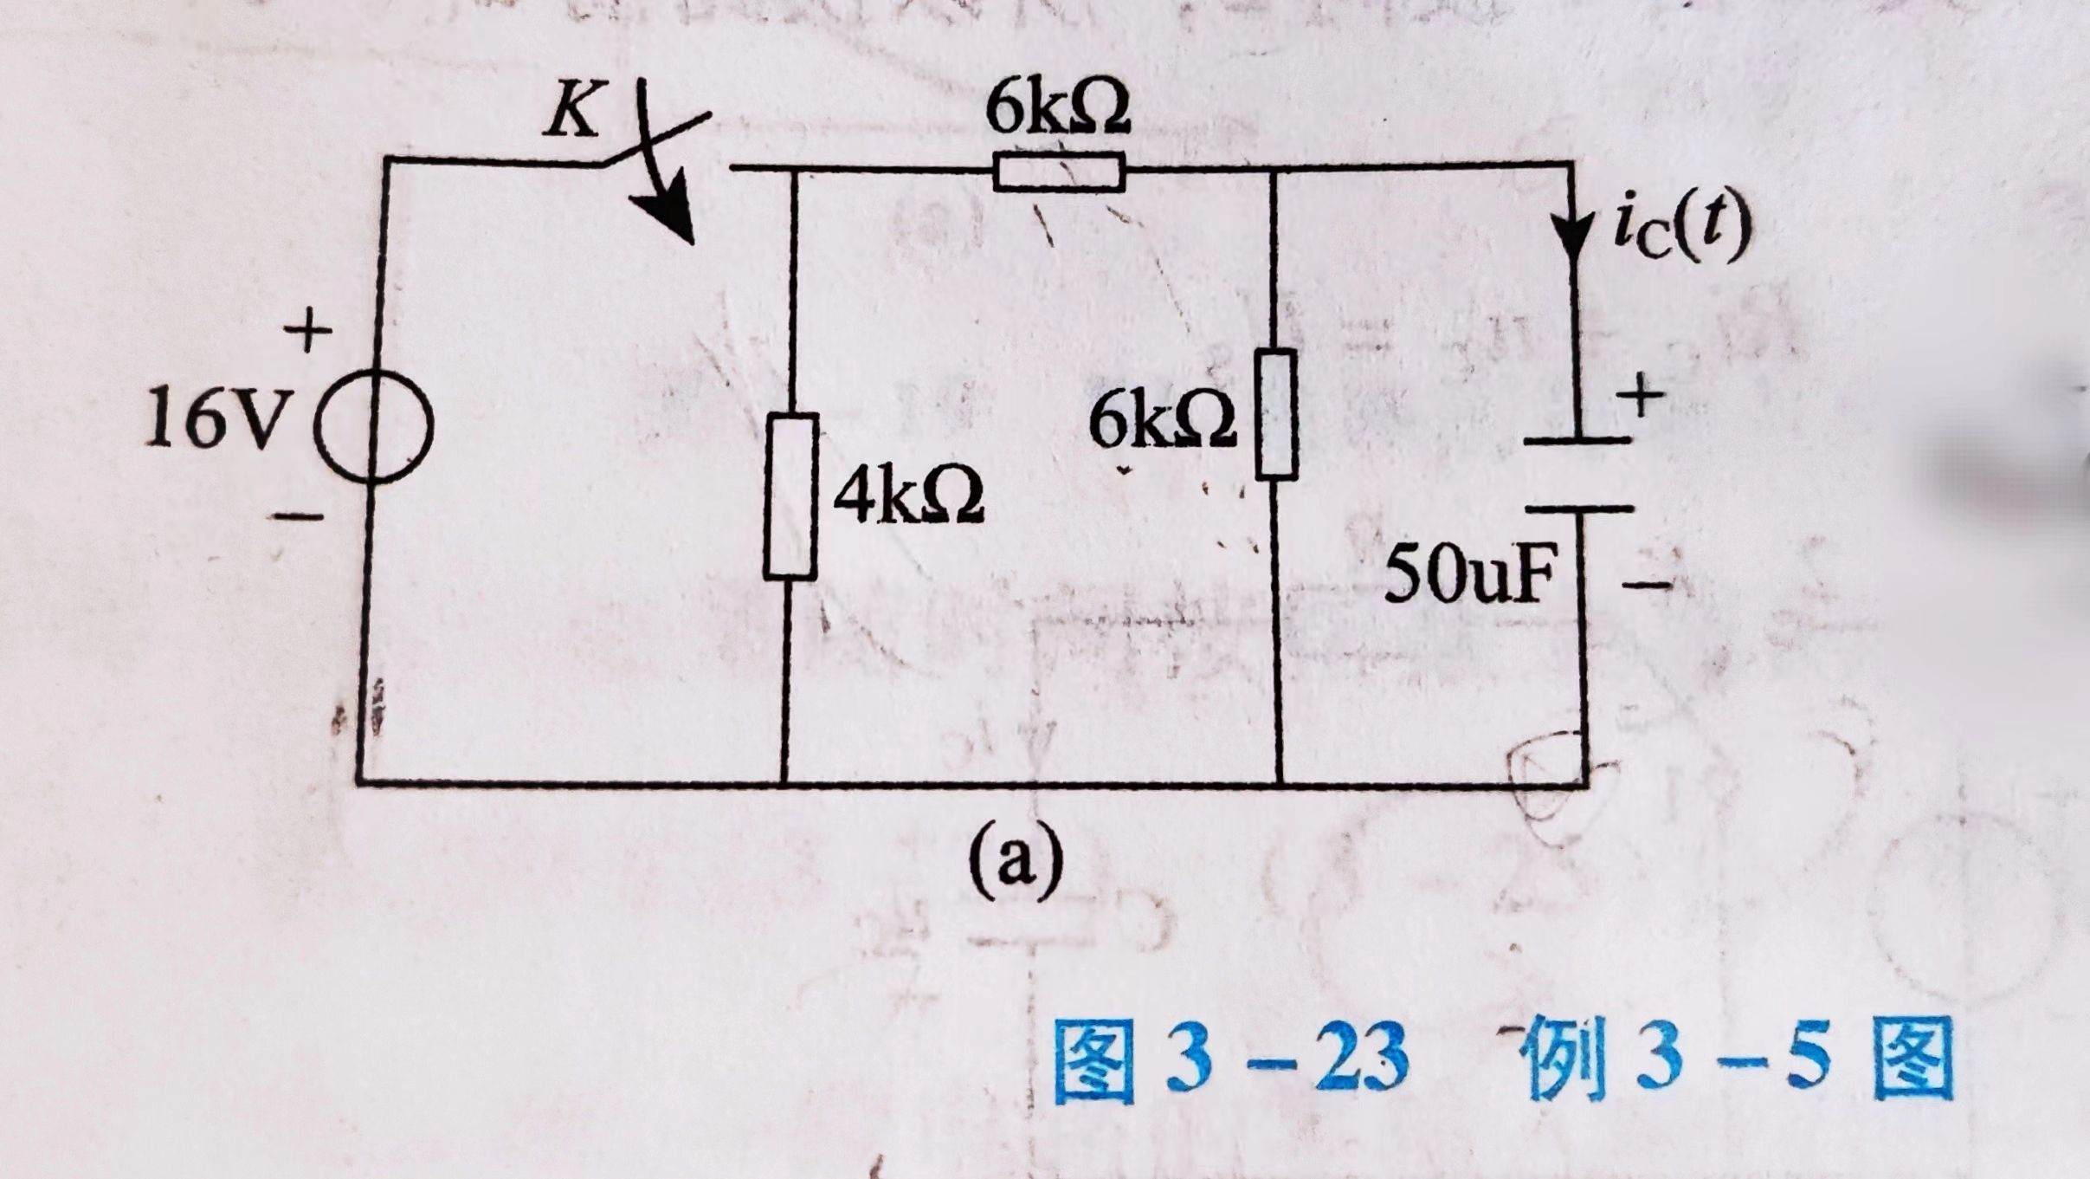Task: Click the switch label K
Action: (x=572, y=114)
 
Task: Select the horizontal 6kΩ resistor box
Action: (x=1059, y=172)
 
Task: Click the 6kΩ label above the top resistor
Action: (x=1057, y=110)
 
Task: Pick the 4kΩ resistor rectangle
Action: (x=790, y=496)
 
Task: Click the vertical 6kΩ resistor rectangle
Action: (x=1276, y=414)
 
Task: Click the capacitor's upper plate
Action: (x=1577, y=441)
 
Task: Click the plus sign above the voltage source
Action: (x=308, y=331)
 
